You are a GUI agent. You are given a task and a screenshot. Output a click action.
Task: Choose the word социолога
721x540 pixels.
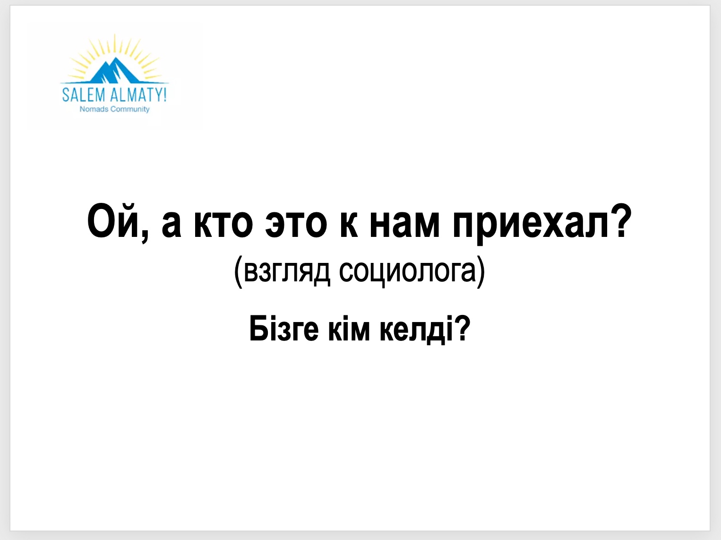(407, 272)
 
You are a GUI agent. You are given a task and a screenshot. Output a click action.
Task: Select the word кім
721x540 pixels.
(349, 328)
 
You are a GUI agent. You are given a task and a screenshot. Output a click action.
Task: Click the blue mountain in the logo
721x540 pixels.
(115, 71)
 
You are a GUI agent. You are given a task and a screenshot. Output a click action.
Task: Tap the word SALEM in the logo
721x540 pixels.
(84, 95)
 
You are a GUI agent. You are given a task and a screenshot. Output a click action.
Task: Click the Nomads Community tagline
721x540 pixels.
(115, 109)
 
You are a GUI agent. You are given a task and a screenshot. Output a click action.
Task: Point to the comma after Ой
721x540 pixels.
(145, 236)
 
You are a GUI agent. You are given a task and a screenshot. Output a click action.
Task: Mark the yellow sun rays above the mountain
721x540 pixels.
(115, 49)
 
